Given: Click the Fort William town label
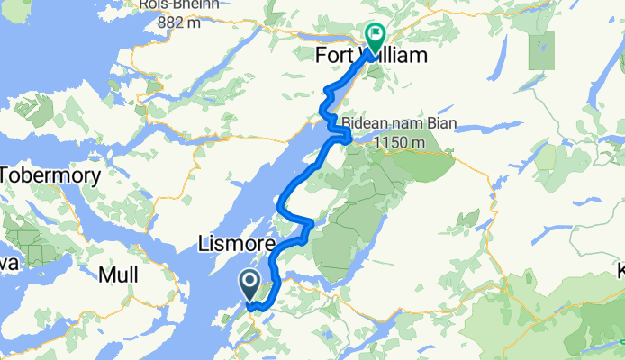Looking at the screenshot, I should click(370, 56).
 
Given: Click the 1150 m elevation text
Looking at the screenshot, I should click(403, 142).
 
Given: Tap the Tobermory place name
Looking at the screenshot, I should click(50, 175).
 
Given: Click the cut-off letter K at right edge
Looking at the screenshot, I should click(620, 271).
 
